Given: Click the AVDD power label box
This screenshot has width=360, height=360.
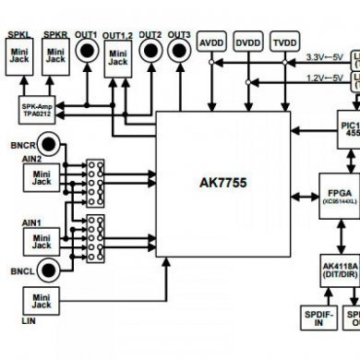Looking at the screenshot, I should (211, 42).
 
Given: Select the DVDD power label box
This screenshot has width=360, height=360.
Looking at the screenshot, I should (247, 42).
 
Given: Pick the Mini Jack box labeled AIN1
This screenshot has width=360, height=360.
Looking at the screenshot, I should (40, 242).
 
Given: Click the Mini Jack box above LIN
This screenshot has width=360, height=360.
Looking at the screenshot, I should (40, 303).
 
